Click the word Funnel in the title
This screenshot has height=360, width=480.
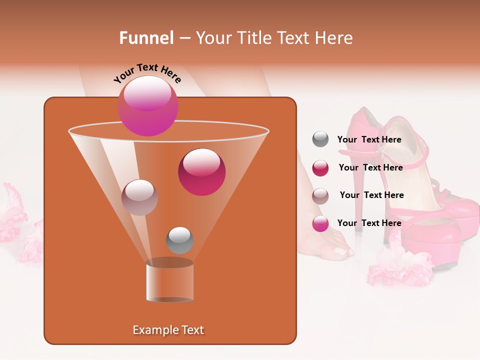point(146,38)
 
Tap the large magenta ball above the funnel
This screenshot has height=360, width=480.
point(147,105)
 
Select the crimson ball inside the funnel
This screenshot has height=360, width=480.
point(201,172)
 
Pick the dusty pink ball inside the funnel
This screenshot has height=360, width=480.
point(139,197)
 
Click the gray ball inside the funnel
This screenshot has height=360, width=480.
point(179,240)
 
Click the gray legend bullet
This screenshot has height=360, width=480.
point(320,139)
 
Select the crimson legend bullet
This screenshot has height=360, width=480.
point(320,167)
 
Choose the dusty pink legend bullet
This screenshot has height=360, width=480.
point(320,195)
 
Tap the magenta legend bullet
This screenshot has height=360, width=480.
point(320,223)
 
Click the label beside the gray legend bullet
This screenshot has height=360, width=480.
point(369,139)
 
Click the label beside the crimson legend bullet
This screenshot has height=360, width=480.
point(370,167)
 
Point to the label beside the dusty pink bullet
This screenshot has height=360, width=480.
point(371,195)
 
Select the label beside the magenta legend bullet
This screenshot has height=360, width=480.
point(369,223)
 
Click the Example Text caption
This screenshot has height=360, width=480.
point(168,330)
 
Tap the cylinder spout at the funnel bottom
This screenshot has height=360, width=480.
point(169,281)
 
